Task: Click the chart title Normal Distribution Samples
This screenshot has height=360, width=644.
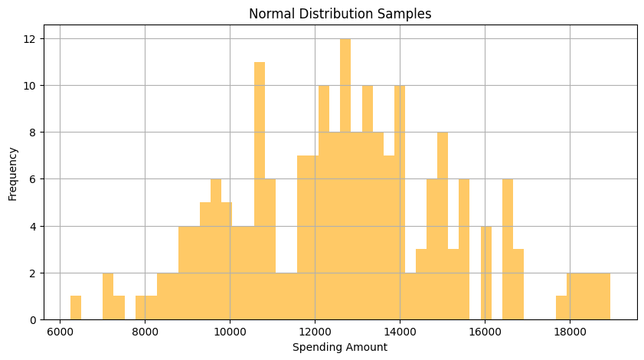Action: point(339,13)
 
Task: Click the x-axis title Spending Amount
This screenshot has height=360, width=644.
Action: point(339,347)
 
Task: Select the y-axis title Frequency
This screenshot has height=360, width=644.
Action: point(13,175)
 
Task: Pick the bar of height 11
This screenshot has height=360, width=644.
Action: point(259,191)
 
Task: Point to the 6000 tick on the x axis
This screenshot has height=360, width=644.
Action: point(60,332)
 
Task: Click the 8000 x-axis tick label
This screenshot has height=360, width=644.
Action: point(145,332)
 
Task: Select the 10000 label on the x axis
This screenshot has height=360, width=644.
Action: point(230,332)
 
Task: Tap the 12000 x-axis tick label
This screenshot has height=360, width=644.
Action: point(315,332)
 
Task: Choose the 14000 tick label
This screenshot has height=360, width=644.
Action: point(399,332)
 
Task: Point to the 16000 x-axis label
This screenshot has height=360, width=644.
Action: point(484,332)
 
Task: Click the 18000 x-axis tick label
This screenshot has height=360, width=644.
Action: point(569,332)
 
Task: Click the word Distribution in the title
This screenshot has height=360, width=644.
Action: point(341,13)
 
